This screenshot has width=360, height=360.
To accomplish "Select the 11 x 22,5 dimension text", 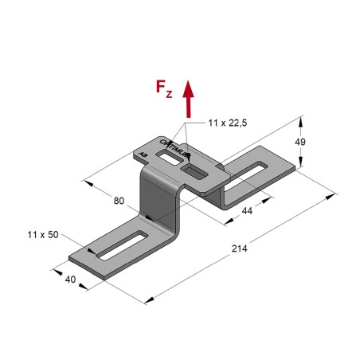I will tap(228, 123).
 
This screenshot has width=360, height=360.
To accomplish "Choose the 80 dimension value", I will tap(119, 201).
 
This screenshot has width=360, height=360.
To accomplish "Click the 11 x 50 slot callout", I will tap(40, 236).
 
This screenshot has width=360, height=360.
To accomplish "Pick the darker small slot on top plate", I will tap(194, 169).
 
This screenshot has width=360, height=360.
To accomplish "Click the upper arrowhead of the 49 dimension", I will tap(303, 120).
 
